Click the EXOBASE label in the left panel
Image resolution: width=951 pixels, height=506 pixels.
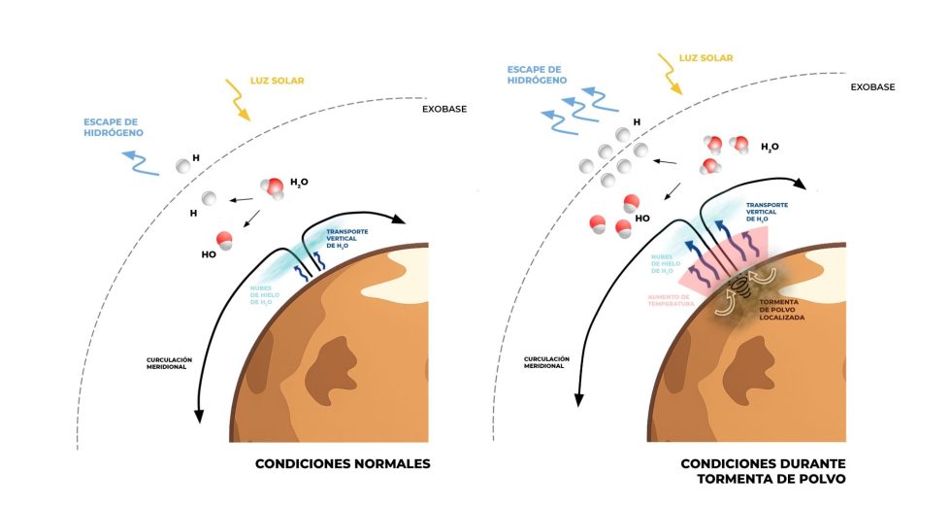coord(444,109)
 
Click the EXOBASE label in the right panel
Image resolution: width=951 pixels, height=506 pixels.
coord(872,87)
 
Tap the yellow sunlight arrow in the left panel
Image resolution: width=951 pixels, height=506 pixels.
coord(239,100)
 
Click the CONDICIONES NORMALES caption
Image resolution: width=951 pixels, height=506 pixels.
coord(342,463)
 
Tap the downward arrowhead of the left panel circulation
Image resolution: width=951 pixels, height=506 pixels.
coord(200,415)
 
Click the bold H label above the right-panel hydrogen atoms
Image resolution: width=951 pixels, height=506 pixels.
coord(637,122)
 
